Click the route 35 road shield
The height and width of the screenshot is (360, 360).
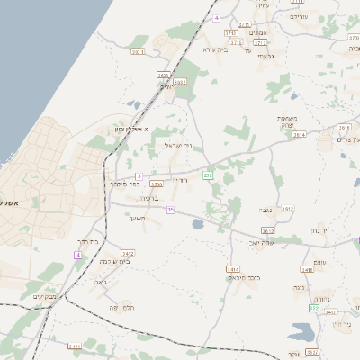(169, 210)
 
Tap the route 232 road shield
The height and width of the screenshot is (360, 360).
(207, 175)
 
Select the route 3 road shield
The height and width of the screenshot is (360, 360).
(139, 175)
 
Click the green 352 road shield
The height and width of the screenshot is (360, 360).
(314, 308)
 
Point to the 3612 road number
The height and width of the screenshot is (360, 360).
(267, 229)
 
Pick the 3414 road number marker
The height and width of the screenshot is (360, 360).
(233, 268)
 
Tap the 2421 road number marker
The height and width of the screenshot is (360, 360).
(129, 254)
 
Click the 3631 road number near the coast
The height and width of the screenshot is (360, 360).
(137, 52)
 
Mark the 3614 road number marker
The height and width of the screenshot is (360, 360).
(299, 134)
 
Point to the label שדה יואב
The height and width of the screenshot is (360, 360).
(262, 241)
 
